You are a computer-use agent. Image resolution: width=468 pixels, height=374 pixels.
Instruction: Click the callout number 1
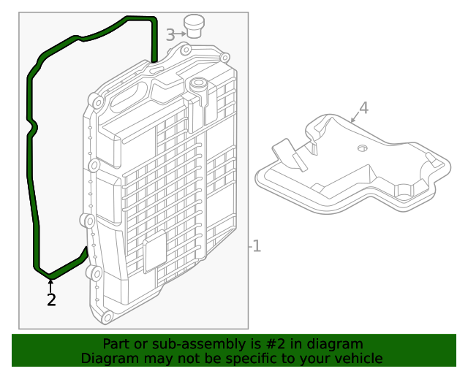256,246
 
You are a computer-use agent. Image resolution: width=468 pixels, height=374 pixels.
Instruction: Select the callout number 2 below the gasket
50,299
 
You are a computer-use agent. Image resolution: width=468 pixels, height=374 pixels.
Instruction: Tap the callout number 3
170,34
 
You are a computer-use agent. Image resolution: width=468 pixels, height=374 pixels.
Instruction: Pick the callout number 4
363,108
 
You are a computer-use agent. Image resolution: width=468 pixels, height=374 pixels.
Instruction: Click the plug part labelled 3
194,26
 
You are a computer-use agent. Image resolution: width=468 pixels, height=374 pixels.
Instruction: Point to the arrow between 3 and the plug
180,34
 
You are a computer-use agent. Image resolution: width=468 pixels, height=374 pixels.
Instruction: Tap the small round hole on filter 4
361,148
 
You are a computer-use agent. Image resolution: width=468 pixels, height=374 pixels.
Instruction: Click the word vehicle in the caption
355,358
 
